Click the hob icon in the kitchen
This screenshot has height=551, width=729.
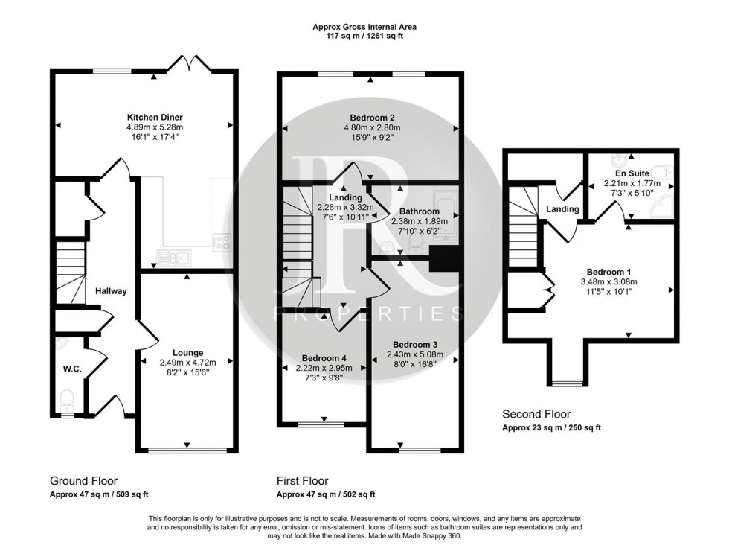click(222, 241)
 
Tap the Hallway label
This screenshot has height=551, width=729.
click(110, 291)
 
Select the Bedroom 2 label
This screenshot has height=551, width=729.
click(372, 118)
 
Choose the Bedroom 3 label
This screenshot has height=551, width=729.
click(413, 345)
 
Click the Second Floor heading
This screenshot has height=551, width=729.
click(536, 414)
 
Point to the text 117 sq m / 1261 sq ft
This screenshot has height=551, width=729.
click(364, 36)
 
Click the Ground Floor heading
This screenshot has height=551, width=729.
click(83, 481)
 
